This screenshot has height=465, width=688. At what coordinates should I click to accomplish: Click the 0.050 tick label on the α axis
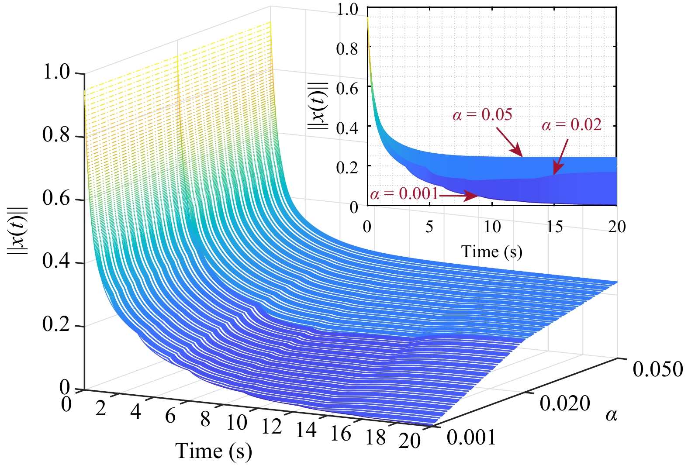pyautogui.click(x=657, y=369)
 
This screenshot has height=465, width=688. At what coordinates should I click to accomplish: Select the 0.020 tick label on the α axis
pyautogui.click(x=565, y=403)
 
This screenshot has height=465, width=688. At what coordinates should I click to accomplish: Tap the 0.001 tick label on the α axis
pyautogui.click(x=471, y=437)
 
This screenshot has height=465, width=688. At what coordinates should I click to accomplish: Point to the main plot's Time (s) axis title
pyautogui.click(x=214, y=451)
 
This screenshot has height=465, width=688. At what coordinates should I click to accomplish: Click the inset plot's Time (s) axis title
pyautogui.click(x=492, y=252)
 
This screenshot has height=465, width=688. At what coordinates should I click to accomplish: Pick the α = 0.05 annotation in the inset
pyautogui.click(x=482, y=115)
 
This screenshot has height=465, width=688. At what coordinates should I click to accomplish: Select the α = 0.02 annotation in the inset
pyautogui.click(x=571, y=125)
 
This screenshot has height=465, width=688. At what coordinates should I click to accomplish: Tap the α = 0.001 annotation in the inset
pyautogui.click(x=404, y=193)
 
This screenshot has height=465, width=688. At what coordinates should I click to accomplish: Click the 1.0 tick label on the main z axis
pyautogui.click(x=56, y=72)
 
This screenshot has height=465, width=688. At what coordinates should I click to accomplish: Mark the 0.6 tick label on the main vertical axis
pyautogui.click(x=56, y=199)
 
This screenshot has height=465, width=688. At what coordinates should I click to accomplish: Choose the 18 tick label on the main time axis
pyautogui.click(x=376, y=437)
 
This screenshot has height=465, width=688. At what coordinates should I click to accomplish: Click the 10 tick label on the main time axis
pyautogui.click(x=237, y=422)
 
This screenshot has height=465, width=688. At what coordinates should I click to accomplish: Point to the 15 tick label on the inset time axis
pyautogui.click(x=555, y=227)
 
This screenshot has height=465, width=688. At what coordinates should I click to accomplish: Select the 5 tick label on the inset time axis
pyautogui.click(x=429, y=227)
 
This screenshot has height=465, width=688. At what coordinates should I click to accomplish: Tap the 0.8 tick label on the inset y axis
pyautogui.click(x=347, y=49)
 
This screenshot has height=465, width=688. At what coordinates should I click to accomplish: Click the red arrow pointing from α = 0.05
pyautogui.click(x=509, y=142)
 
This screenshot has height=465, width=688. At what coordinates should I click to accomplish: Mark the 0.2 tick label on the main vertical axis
pyautogui.click(x=56, y=325)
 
